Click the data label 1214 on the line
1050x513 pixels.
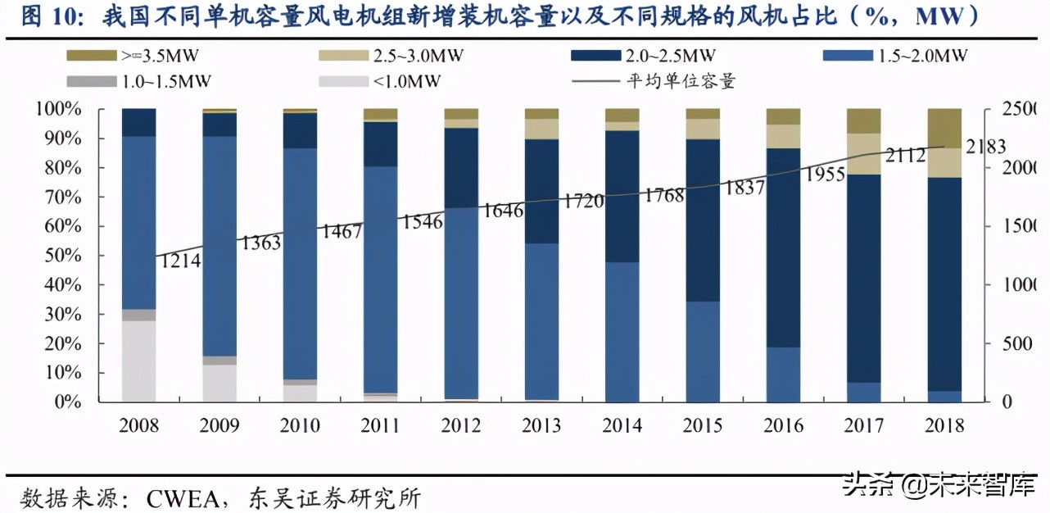179,261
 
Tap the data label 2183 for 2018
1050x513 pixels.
985,148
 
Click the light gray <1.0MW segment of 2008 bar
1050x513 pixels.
138,361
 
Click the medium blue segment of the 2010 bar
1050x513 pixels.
300,262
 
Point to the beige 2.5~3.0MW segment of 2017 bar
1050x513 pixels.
863,154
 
